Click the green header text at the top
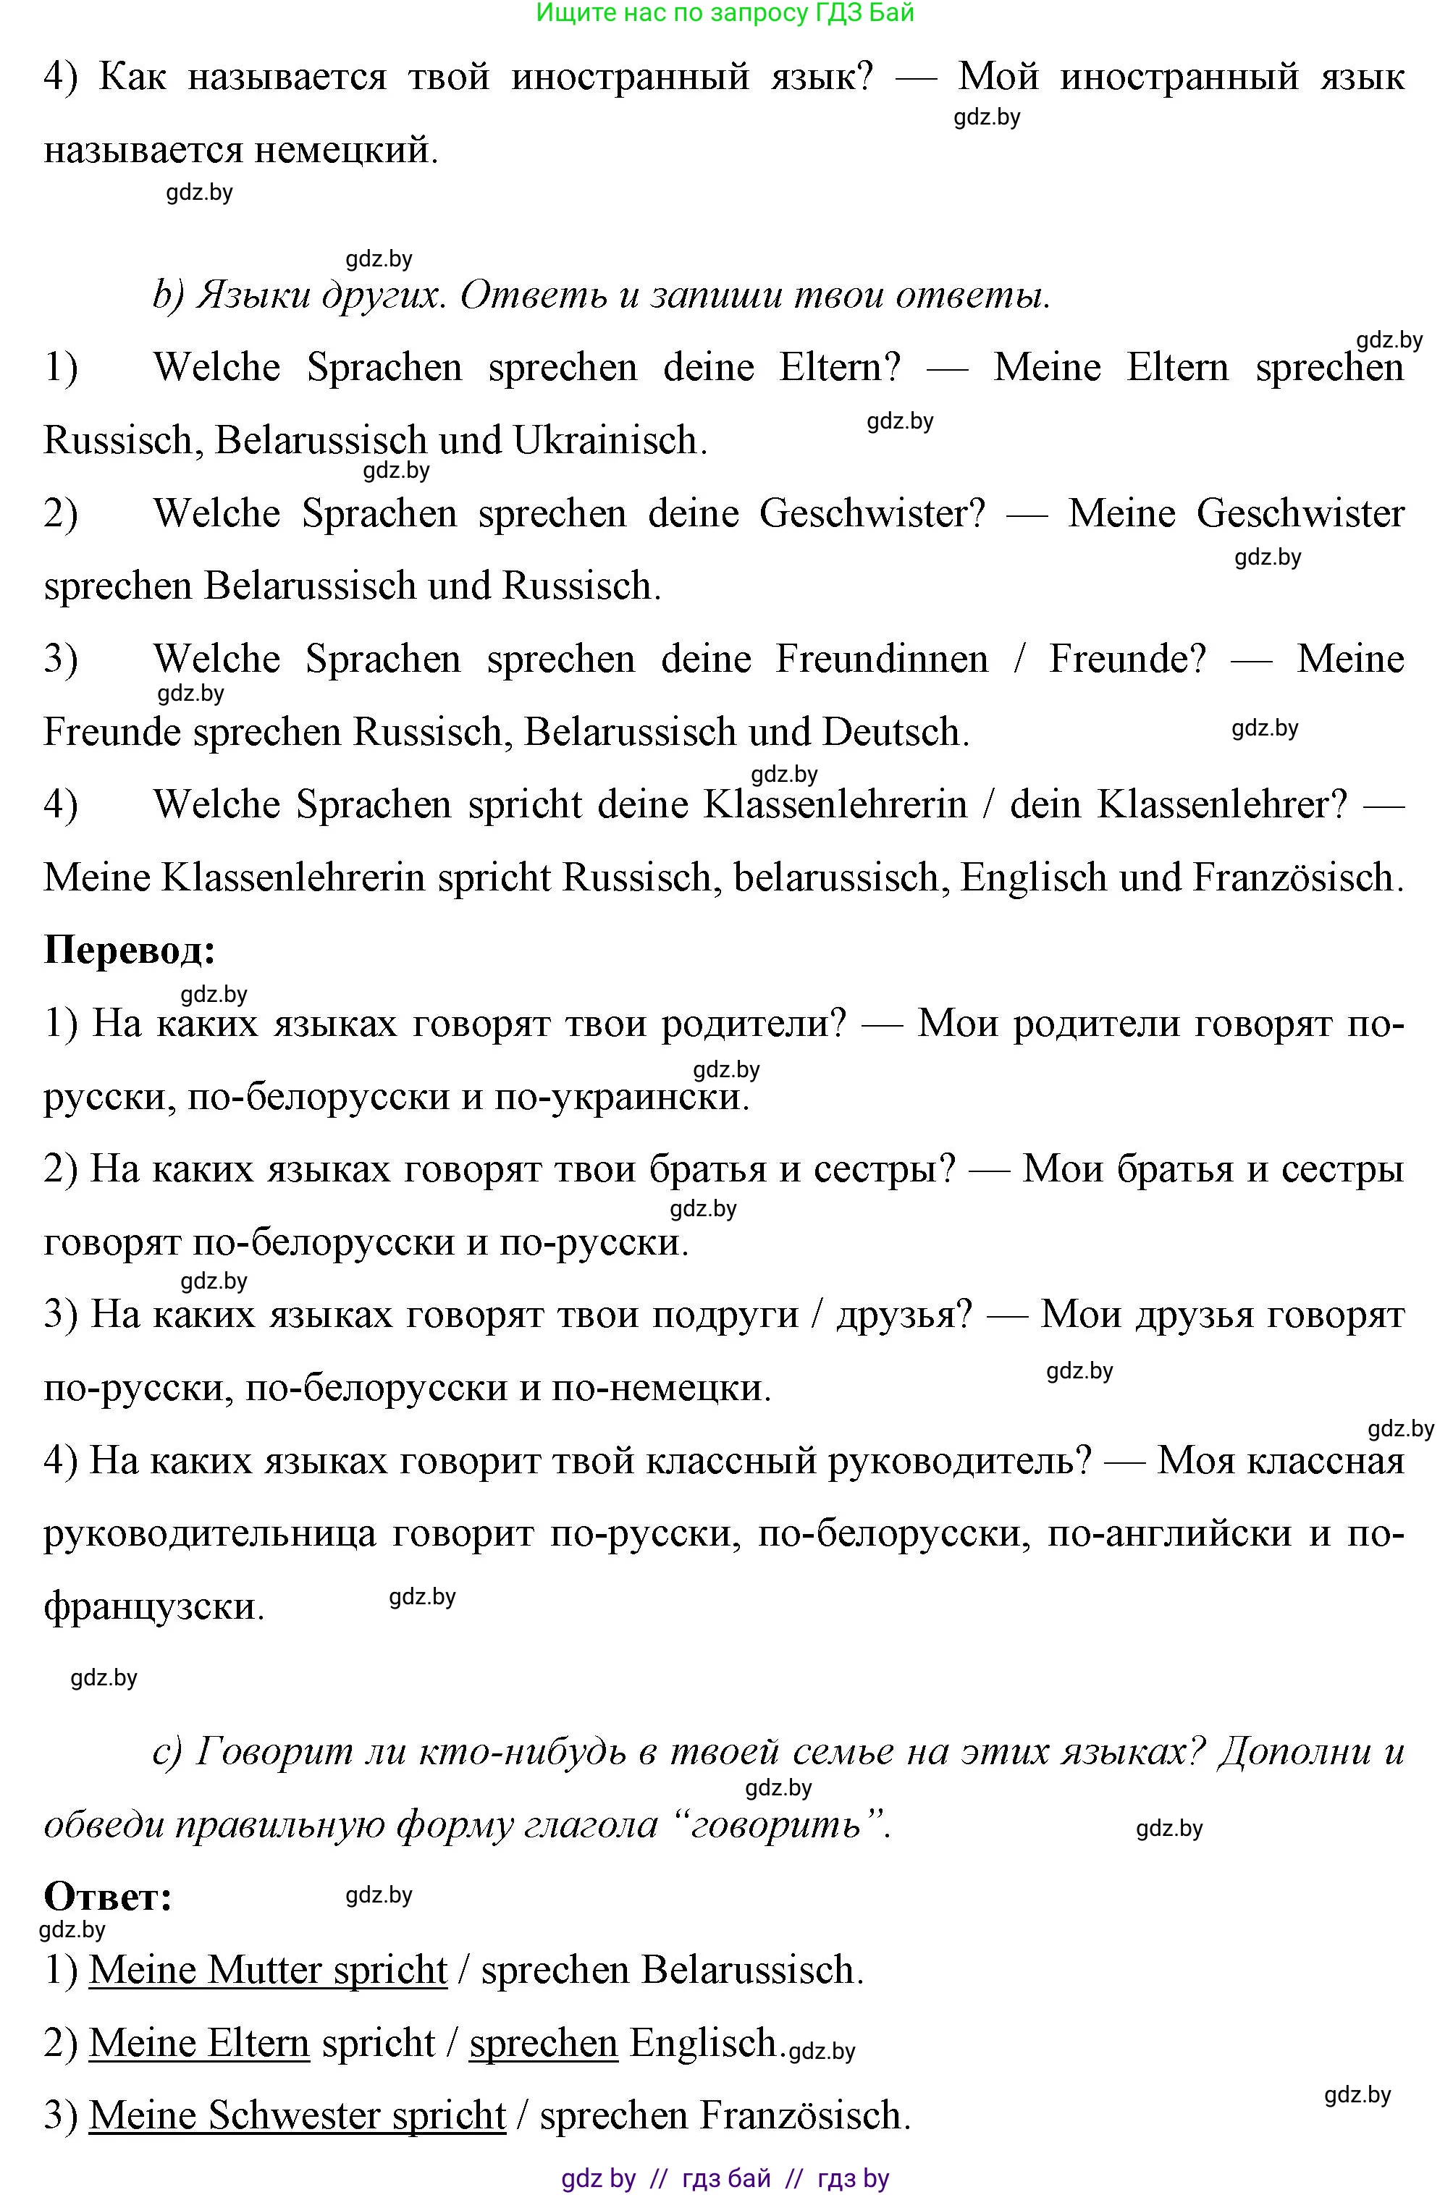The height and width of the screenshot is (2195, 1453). click(x=725, y=13)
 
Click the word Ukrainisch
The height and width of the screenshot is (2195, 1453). click(x=609, y=441)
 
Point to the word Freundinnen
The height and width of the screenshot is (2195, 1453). click(x=881, y=660)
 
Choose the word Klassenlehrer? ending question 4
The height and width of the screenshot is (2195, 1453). click(x=1222, y=805)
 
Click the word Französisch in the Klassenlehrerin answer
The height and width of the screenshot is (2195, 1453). click(x=1294, y=878)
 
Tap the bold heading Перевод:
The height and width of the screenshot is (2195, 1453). click(x=130, y=951)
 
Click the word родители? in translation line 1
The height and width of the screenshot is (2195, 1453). click(x=754, y=1024)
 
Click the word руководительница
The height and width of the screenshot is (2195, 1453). click(x=211, y=1533)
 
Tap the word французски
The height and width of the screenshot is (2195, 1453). click(x=153, y=1606)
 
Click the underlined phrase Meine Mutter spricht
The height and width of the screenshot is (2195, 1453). click(x=268, y=1970)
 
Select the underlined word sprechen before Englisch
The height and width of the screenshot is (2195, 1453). click(x=543, y=2043)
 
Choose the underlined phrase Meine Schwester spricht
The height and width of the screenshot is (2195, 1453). click(x=297, y=2115)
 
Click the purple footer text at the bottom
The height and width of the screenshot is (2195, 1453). click(x=725, y=2178)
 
